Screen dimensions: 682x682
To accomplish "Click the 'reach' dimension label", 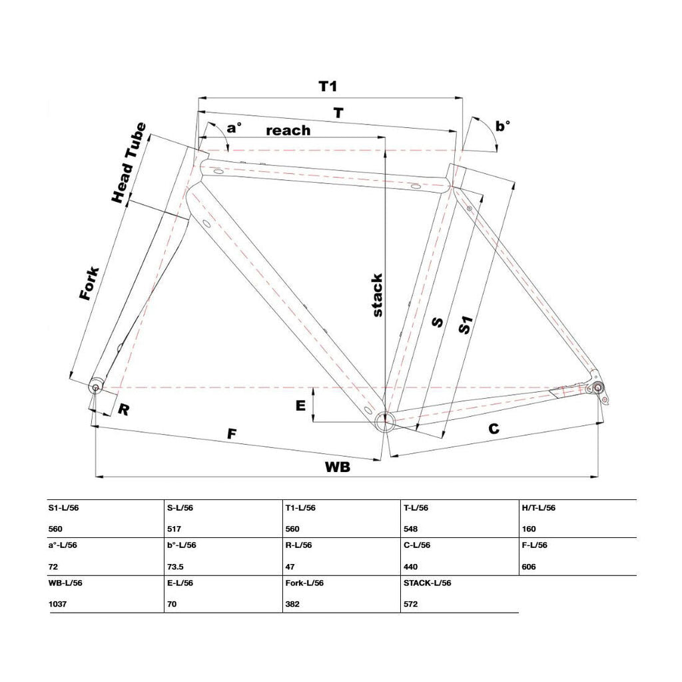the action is pyautogui.click(x=288, y=130).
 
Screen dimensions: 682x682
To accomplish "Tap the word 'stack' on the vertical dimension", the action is pyautogui.click(x=377, y=295).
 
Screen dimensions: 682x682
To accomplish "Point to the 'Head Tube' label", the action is pyautogui.click(x=129, y=163).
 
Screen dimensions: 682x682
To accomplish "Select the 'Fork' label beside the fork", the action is pyautogui.click(x=89, y=283).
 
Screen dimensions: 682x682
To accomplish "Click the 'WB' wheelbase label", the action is pyautogui.click(x=338, y=467).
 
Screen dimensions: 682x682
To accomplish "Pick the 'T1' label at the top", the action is pyautogui.click(x=328, y=86).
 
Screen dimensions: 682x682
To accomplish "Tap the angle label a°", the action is pyautogui.click(x=234, y=127).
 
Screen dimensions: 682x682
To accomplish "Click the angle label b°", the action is pyautogui.click(x=503, y=126).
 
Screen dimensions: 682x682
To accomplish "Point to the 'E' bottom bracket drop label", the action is pyautogui.click(x=300, y=405).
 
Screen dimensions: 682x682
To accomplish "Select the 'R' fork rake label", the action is pyautogui.click(x=123, y=409).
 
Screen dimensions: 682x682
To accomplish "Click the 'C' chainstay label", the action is pyautogui.click(x=494, y=429).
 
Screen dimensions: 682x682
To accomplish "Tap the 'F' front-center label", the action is pyautogui.click(x=232, y=434).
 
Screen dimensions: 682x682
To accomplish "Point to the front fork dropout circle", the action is pyautogui.click(x=95, y=387).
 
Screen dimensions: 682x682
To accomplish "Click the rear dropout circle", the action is pyautogui.click(x=597, y=387).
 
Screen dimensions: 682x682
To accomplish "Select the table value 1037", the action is pyautogui.click(x=57, y=604).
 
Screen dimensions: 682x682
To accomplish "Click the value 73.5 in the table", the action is pyautogui.click(x=175, y=567).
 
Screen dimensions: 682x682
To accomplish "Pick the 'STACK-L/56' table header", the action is pyautogui.click(x=427, y=583).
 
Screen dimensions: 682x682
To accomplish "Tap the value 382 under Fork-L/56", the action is pyautogui.click(x=292, y=604).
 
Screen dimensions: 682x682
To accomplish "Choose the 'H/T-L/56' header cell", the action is pyautogui.click(x=538, y=508).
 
